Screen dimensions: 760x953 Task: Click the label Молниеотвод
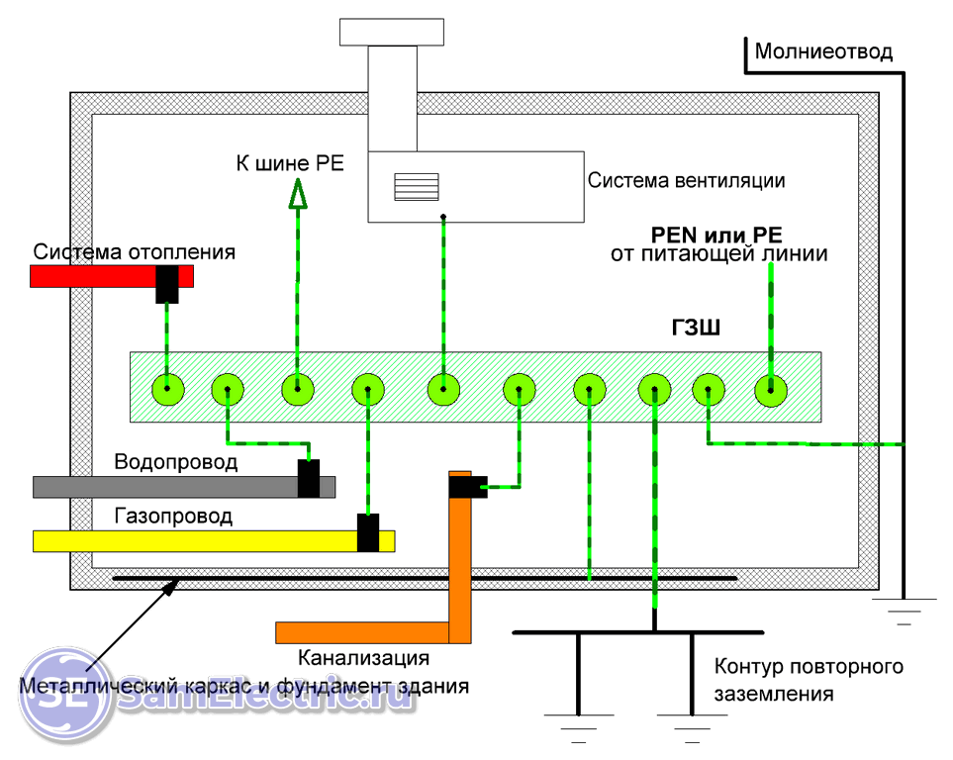[x=823, y=51]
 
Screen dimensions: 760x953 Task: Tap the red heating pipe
[x=89, y=275]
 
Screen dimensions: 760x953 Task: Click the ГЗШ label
[x=692, y=329]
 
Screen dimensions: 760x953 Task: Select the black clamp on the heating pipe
[x=166, y=284]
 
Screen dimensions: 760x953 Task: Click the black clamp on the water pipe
[x=309, y=479]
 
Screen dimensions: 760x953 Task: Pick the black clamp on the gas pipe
[x=368, y=533]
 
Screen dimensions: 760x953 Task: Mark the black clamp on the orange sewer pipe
[x=467, y=486]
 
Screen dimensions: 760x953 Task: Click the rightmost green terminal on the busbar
[x=770, y=391]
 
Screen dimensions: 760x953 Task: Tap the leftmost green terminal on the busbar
[x=168, y=391]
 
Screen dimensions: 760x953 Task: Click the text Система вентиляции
[x=686, y=181]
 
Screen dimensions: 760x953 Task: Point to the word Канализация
[x=363, y=657]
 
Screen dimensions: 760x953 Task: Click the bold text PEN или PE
[x=716, y=236]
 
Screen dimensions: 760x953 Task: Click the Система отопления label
[x=135, y=251]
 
